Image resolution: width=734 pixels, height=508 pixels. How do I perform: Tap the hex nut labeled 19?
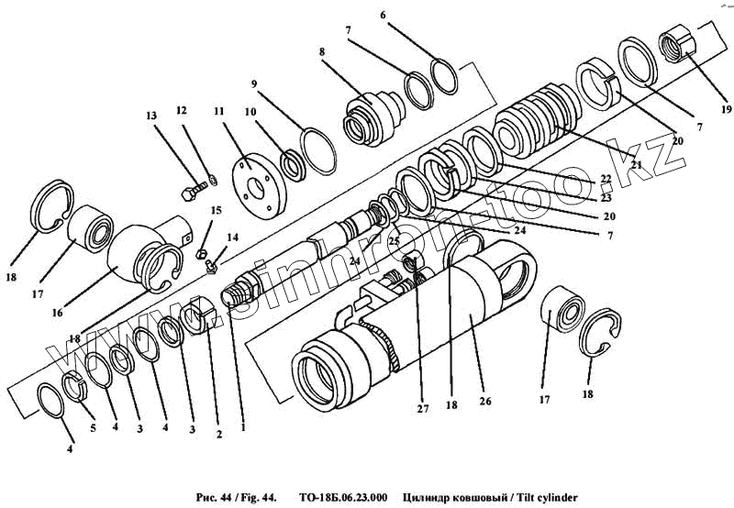[x=678, y=44]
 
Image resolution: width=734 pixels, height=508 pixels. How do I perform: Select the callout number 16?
[x=57, y=312]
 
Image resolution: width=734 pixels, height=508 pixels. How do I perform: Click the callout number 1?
[x=243, y=425]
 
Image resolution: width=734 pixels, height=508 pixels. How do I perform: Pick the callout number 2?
[x=218, y=435]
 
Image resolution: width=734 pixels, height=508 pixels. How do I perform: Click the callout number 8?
[x=322, y=52]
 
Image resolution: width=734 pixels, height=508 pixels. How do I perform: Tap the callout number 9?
[x=252, y=83]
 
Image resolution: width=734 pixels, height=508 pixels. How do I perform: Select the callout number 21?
[x=635, y=165]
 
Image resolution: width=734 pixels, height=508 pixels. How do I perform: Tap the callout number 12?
[x=181, y=110]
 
